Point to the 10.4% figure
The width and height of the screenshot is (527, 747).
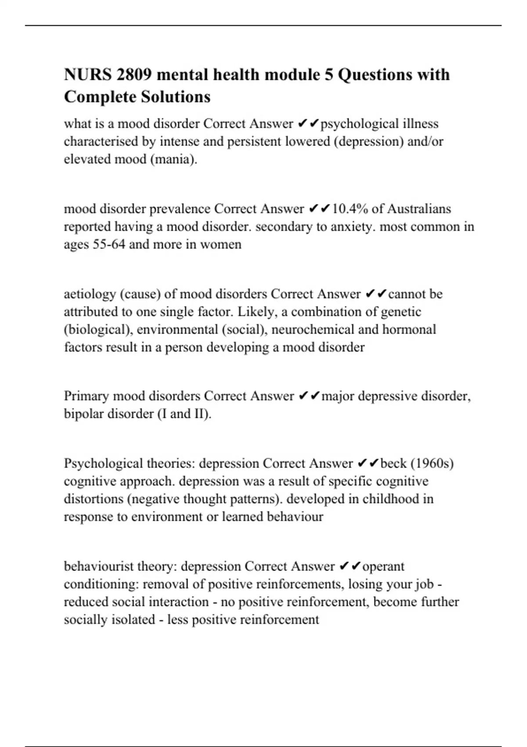pyautogui.click(x=350, y=209)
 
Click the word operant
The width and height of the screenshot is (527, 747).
pyautogui.click(x=383, y=566)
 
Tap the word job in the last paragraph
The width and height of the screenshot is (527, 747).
pyautogui.click(x=424, y=584)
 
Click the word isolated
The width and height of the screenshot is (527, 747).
pyautogui.click(x=134, y=620)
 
